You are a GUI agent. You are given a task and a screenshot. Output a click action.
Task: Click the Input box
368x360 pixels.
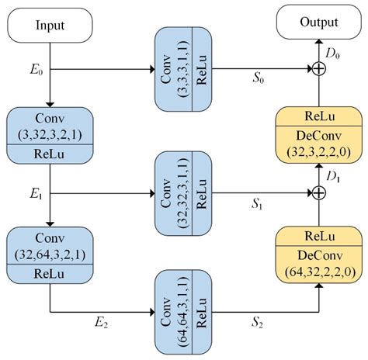(x=50, y=26)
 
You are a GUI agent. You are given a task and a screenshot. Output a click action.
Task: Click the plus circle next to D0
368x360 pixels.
(x=318, y=69)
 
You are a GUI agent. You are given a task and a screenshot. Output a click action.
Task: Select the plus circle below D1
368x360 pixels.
(x=318, y=192)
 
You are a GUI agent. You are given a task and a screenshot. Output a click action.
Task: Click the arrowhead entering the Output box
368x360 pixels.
(x=318, y=43)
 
